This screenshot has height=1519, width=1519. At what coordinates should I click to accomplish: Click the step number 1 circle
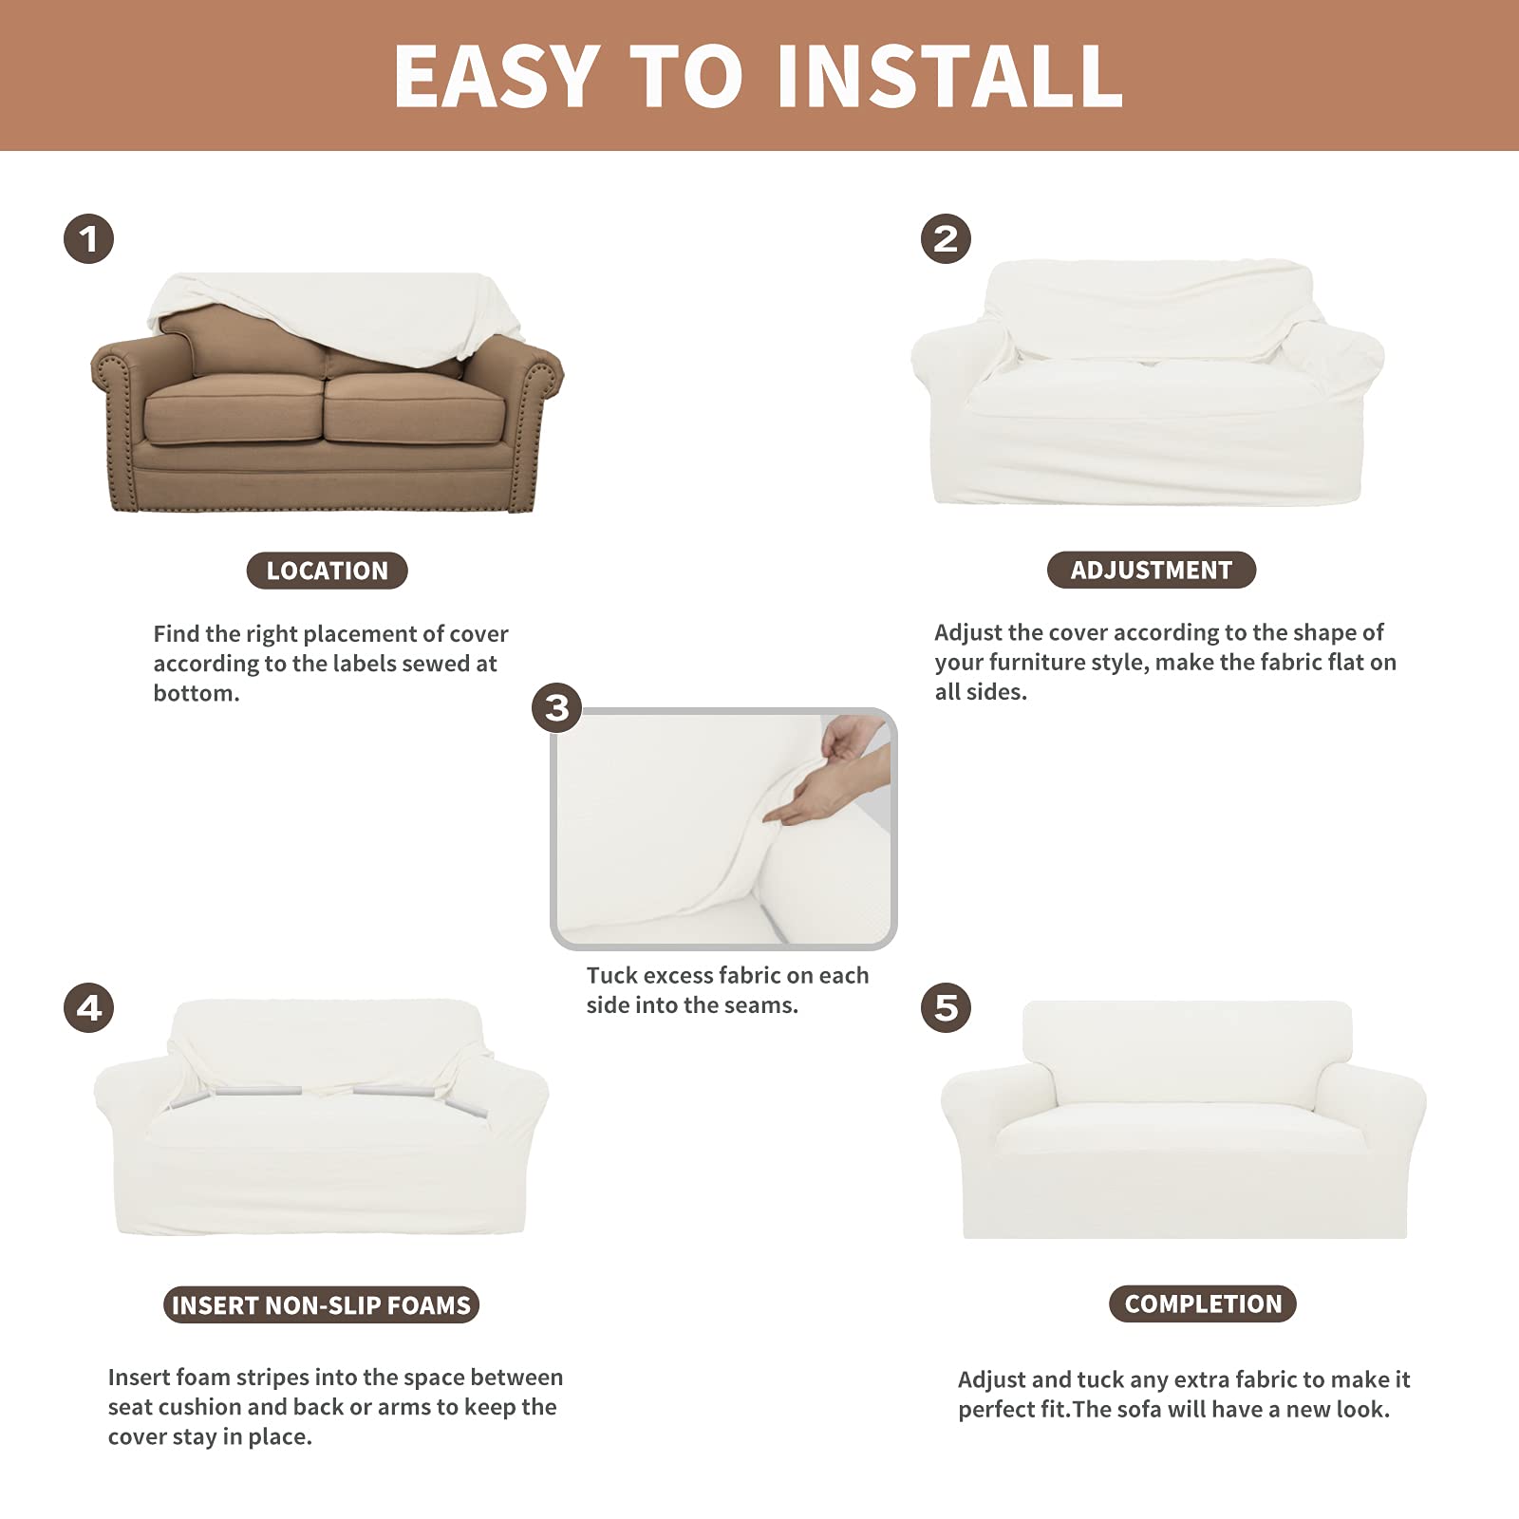point(88,238)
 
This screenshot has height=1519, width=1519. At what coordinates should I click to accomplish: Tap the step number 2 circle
point(946,238)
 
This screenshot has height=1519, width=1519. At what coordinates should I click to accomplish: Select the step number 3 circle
point(557,707)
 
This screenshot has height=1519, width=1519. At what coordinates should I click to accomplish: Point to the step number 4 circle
point(88,1007)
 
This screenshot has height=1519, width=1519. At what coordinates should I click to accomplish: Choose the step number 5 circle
point(946,1007)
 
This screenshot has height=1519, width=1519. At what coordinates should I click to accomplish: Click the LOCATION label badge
point(327,571)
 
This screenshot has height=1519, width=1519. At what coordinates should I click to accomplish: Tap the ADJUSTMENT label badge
point(1151,570)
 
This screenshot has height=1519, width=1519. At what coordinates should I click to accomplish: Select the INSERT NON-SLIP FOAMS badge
point(321,1305)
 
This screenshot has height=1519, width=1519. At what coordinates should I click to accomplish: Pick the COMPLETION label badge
point(1202,1303)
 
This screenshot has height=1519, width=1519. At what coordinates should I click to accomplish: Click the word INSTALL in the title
point(949,76)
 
